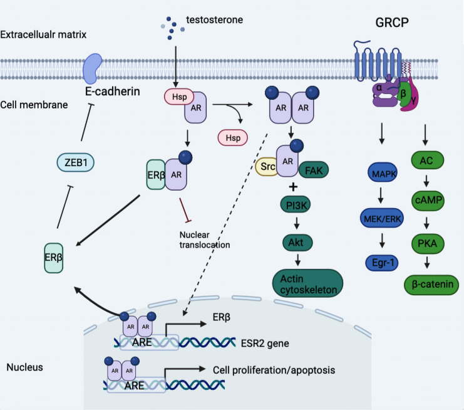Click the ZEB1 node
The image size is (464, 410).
click(x=76, y=162)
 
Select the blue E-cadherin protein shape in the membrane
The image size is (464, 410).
click(x=92, y=69)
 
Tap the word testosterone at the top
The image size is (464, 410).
click(x=215, y=20)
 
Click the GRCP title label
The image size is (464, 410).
click(x=392, y=23)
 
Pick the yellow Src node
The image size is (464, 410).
click(x=266, y=167)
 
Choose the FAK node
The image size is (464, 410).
click(x=314, y=171)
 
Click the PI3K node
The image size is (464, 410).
click(x=296, y=205)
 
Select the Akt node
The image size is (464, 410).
click(x=297, y=243)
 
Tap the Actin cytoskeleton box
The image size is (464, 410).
click(x=307, y=283)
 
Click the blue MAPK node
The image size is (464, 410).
click(x=383, y=172)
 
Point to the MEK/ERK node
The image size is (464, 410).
click(x=382, y=218)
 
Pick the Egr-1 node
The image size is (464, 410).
click(x=382, y=263)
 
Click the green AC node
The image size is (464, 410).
click(x=427, y=160)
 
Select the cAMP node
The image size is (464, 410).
click(x=428, y=200)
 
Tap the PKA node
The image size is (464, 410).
click(x=428, y=243)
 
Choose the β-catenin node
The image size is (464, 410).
click(x=431, y=285)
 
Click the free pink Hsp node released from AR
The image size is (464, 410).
click(x=233, y=138)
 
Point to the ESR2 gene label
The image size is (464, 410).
click(x=265, y=344)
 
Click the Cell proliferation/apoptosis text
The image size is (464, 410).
click(x=274, y=370)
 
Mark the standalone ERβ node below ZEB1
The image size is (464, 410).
click(x=54, y=258)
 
